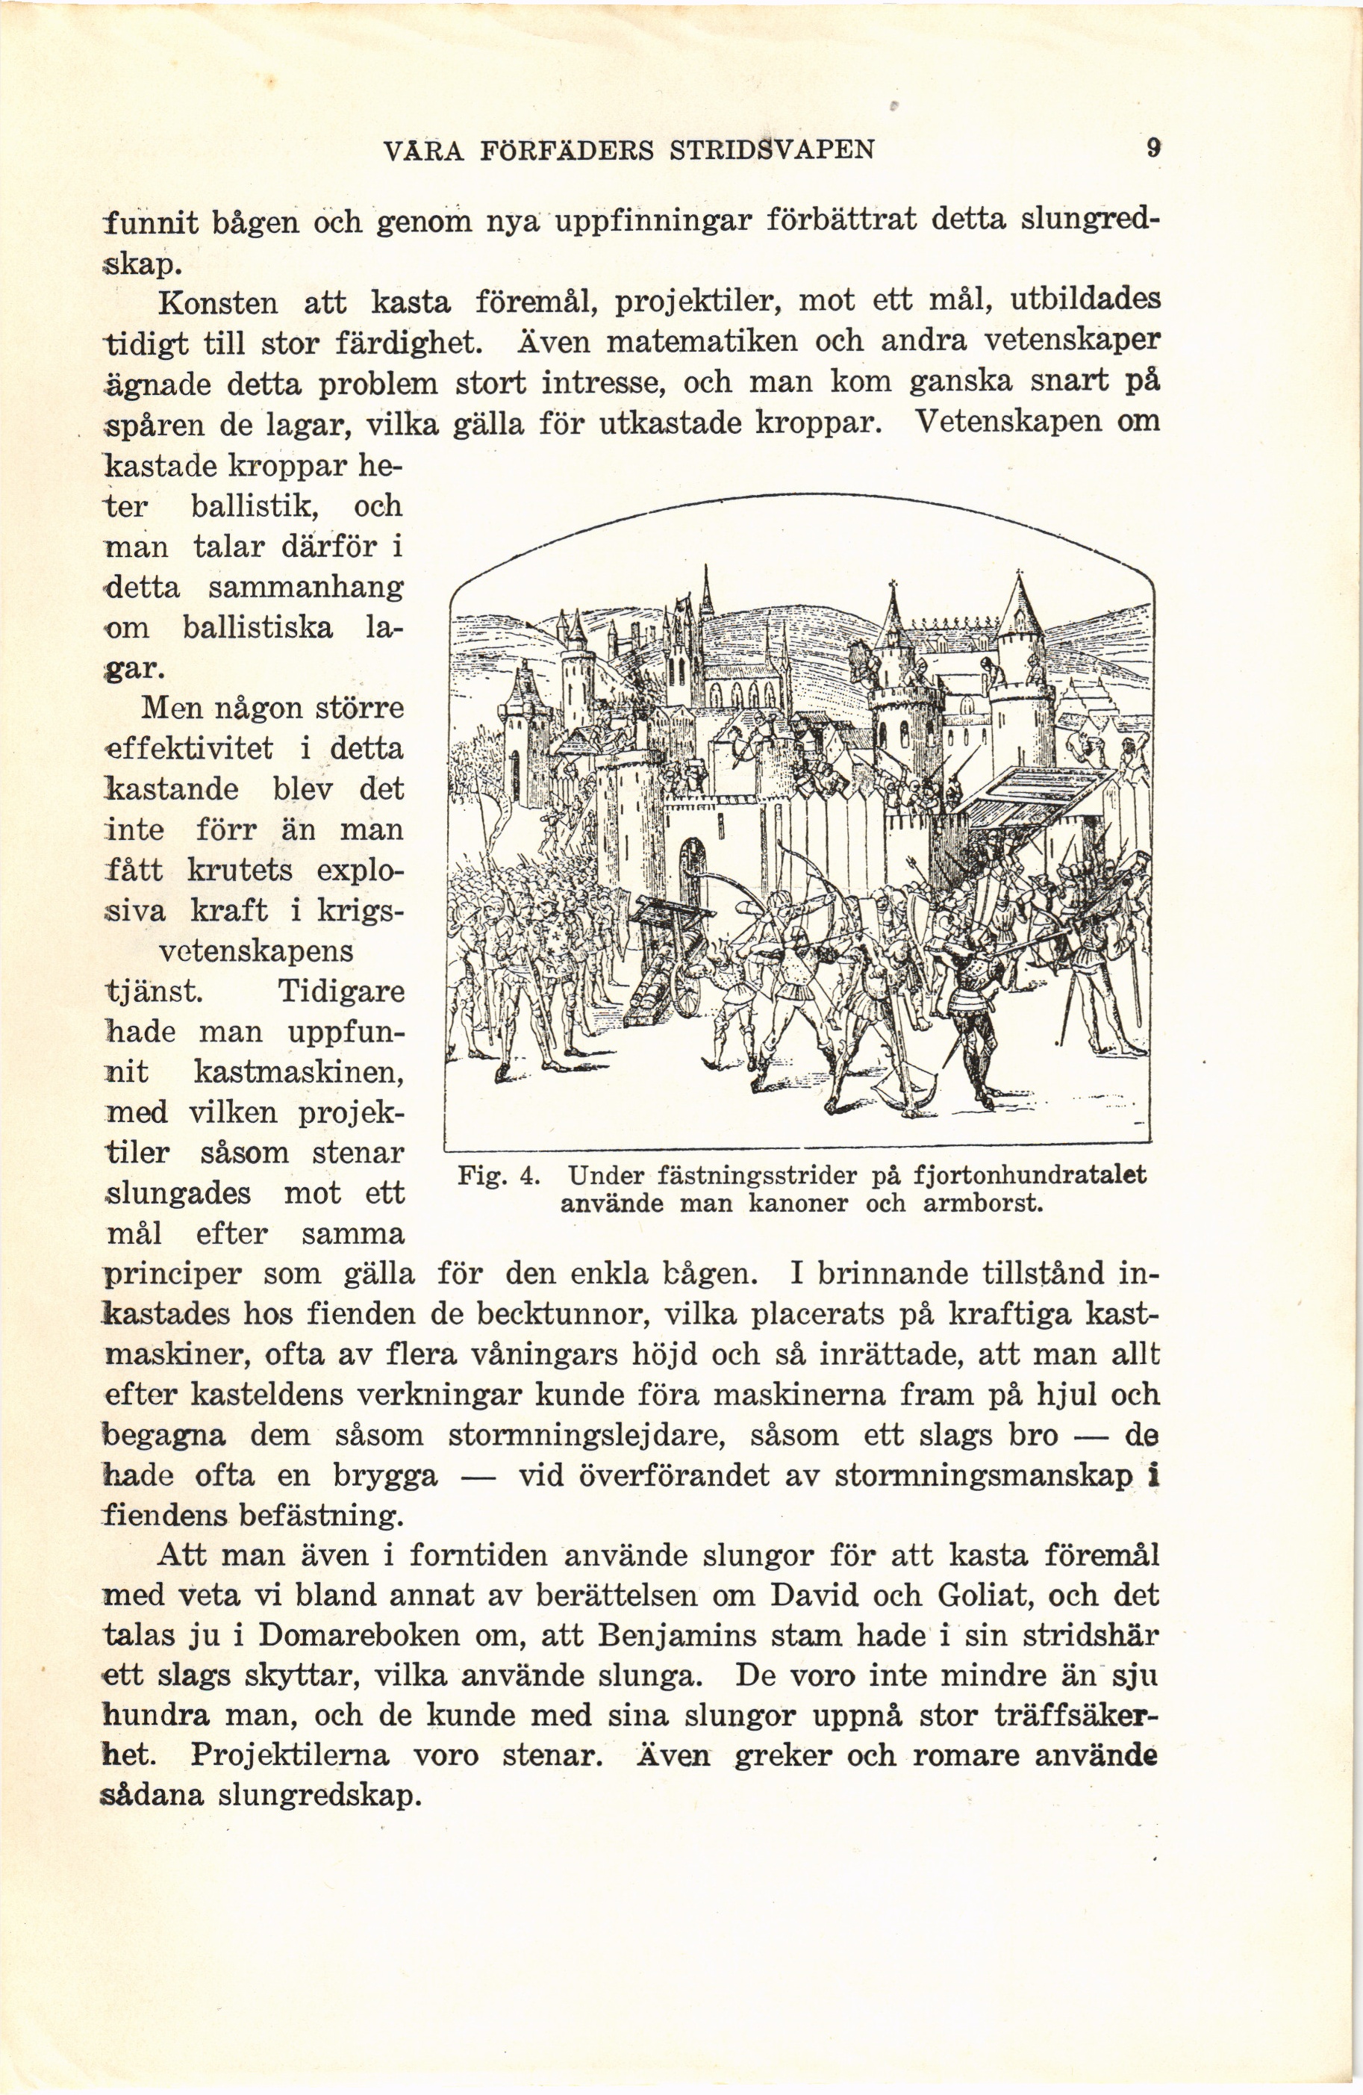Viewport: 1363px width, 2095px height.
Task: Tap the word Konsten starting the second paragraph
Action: coord(217,304)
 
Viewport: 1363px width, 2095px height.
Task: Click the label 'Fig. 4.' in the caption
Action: coord(498,1175)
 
